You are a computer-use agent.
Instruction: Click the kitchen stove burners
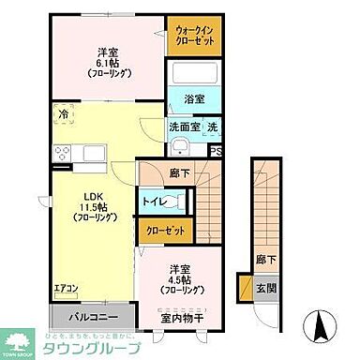point(66,153)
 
